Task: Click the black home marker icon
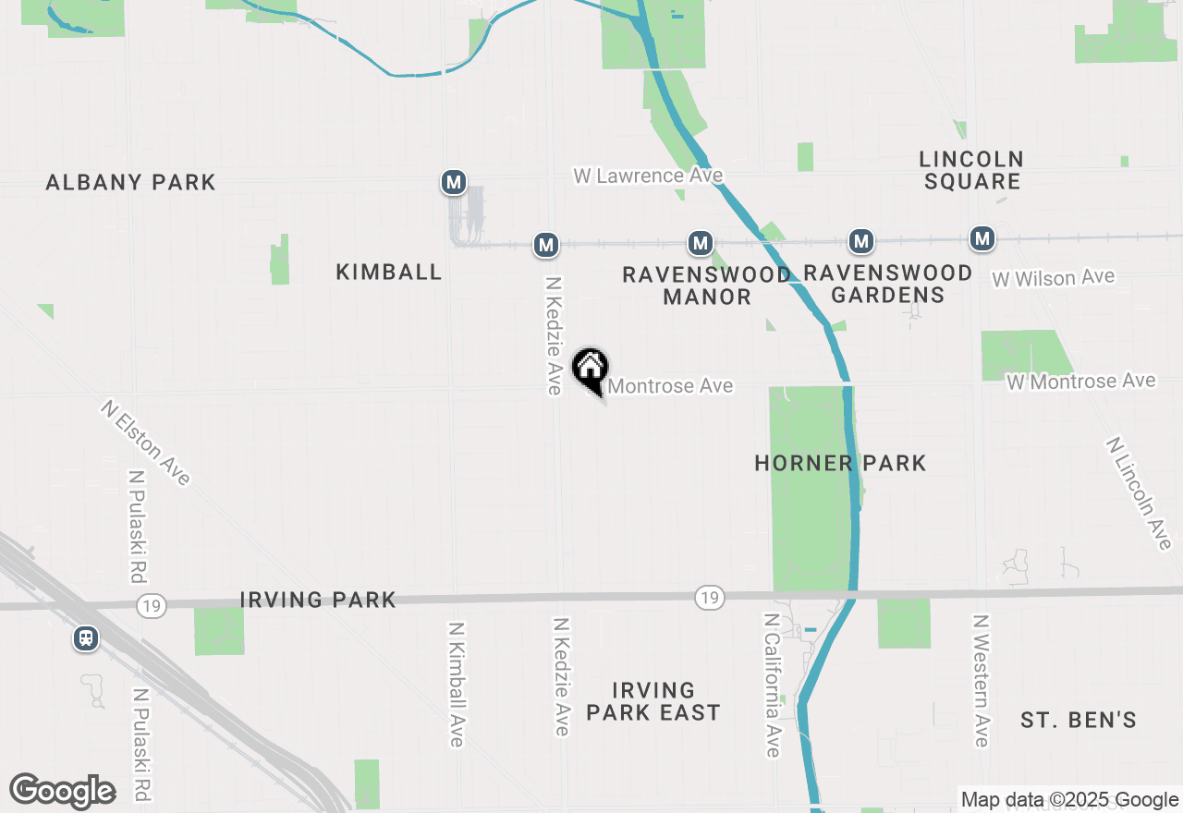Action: coord(590,370)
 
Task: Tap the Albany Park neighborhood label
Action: coord(130,182)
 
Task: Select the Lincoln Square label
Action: coord(971,171)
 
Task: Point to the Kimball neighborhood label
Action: coord(389,272)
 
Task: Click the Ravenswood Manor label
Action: coord(707,285)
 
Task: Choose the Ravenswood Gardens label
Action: coord(888,284)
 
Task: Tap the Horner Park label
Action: coord(840,463)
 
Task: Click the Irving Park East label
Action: coord(653,701)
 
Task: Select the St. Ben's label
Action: coord(1079,720)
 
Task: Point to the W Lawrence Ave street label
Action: coord(648,176)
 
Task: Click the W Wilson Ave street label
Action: coord(1054,278)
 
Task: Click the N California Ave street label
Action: coord(773,685)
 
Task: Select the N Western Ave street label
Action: coord(981,680)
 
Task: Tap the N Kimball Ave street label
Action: coord(456,683)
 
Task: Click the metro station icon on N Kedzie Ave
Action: coord(546,245)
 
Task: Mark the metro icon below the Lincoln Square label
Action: coord(982,238)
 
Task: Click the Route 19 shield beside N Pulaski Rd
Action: coord(150,605)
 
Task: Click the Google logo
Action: coord(62,792)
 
